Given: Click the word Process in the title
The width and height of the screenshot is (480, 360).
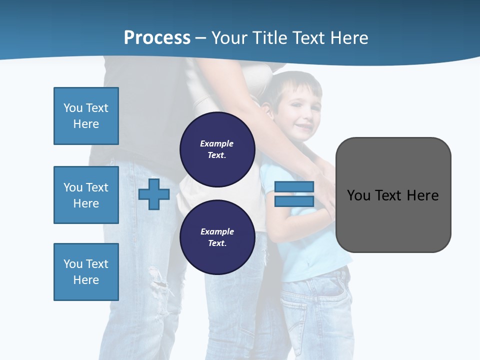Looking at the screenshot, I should tap(157, 38).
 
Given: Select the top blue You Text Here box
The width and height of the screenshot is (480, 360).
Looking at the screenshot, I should tap(86, 116).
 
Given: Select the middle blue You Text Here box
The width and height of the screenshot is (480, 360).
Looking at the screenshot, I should tap(86, 195).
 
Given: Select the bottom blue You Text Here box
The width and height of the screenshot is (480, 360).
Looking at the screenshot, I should tap(86, 272).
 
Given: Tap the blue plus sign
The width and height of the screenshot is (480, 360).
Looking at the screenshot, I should tap(154, 194).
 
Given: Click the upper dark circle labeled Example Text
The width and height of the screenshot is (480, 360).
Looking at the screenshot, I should tap(217, 149).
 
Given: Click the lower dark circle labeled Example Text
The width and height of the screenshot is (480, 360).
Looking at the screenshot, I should tap(217, 237).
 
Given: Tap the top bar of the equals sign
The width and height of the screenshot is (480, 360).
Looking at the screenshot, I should tap(294, 186).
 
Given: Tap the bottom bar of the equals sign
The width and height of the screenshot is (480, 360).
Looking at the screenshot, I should tap(294, 201).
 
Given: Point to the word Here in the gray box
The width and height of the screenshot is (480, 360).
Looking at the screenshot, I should tap(422, 195).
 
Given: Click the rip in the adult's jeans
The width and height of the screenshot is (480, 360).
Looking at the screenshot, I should tap(159, 285).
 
